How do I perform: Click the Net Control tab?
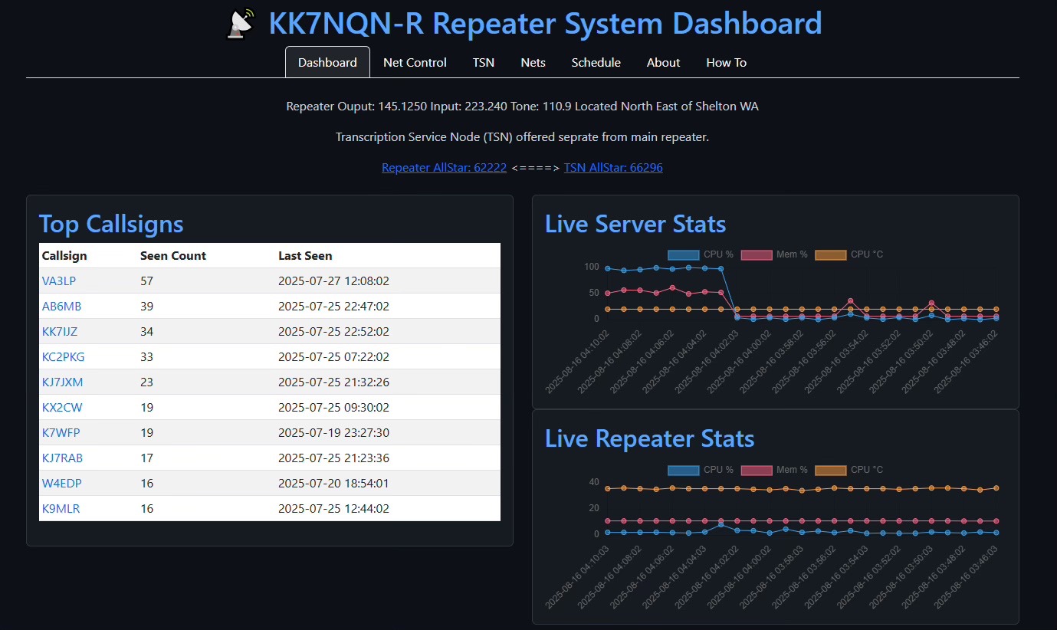(415, 63)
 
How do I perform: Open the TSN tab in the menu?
(484, 63)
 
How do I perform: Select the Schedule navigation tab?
(596, 63)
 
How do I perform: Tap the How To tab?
(726, 63)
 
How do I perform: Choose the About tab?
(663, 63)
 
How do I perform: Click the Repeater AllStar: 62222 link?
(444, 168)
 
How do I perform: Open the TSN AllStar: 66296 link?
(613, 168)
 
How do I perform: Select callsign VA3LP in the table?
(59, 281)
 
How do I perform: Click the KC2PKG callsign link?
(64, 357)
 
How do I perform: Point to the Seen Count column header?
(173, 256)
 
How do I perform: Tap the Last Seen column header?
(305, 256)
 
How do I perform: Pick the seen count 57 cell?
(147, 281)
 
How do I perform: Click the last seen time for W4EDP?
(333, 484)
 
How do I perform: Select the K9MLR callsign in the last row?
(61, 509)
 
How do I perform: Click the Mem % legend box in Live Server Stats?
(756, 254)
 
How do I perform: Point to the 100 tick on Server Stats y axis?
(591, 267)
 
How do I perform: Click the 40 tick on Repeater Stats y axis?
(594, 482)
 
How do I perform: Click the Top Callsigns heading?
(111, 224)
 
